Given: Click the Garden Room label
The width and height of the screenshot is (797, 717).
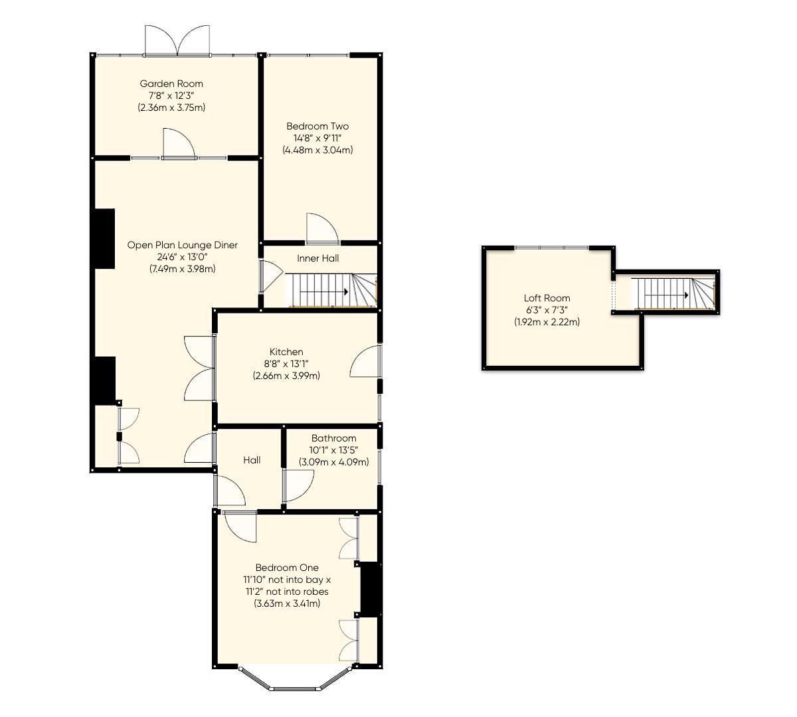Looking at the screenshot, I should [171, 84].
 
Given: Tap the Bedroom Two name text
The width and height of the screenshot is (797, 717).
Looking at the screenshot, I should [317, 126].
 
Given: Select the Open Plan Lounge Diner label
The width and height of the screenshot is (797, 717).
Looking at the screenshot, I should [182, 245].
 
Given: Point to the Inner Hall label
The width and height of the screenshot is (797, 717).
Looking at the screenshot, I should [317, 258].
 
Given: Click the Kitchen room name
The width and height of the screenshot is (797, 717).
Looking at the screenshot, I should [286, 352].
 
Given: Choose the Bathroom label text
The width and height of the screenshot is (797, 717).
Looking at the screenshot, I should [333, 438].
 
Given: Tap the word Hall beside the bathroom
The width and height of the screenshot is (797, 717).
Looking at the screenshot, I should [252, 460].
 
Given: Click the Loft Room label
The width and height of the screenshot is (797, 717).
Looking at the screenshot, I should [547, 298].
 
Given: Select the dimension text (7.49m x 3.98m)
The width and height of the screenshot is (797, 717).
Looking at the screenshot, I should [182, 269].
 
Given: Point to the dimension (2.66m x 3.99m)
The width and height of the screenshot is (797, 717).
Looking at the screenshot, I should [286, 376].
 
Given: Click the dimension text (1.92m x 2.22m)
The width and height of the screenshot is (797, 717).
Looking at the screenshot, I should [547, 322].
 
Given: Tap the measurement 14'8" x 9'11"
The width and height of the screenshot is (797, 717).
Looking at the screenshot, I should [317, 138].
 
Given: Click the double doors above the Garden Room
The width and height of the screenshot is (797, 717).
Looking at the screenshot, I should [177, 40].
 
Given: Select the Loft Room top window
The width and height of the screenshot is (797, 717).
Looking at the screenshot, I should [551, 248].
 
